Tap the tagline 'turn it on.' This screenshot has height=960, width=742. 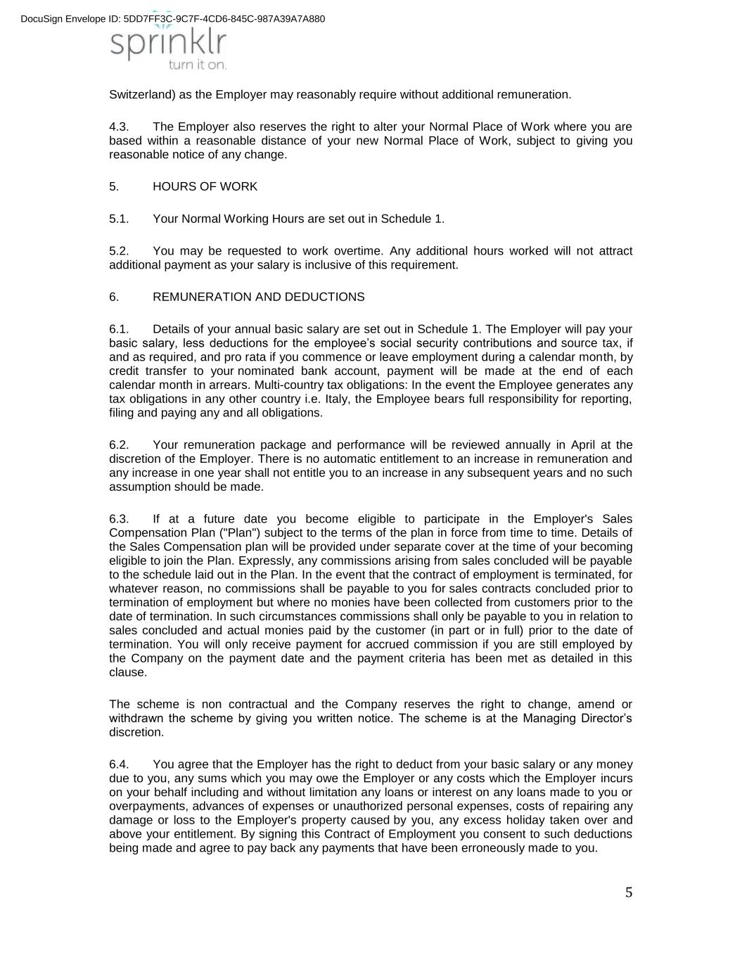[198, 65]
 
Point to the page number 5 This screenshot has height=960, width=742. [628, 893]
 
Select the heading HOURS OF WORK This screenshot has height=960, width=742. [205, 186]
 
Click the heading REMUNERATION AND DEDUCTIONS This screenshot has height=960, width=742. [258, 297]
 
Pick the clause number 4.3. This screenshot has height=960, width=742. [119, 127]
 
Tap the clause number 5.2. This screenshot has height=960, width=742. [119, 251]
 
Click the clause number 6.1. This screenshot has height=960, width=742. [119, 329]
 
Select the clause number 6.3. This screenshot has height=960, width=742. [119, 519]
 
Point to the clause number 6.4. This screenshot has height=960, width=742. [119, 764]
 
